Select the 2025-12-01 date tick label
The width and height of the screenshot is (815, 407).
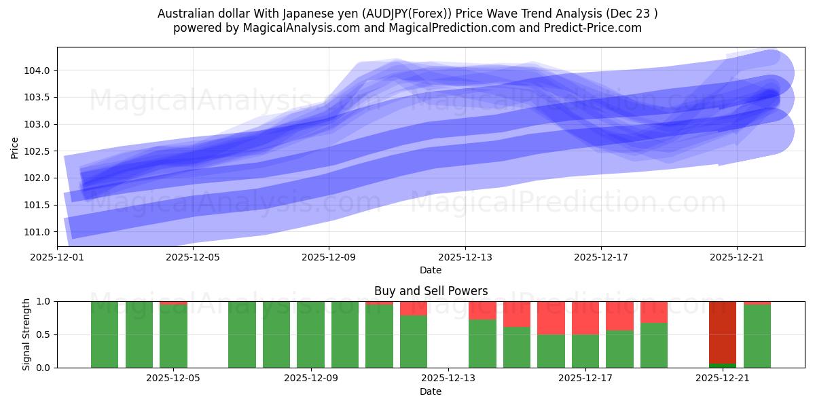(58, 257)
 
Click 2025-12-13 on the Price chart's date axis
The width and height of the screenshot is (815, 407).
(465, 257)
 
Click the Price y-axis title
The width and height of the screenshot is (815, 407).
(15, 147)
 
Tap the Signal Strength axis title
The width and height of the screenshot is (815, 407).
(27, 334)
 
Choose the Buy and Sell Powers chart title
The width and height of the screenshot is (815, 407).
(431, 291)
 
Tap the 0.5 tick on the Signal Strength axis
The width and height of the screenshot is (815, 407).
(41, 334)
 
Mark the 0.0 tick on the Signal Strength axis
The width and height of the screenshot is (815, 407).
(41, 368)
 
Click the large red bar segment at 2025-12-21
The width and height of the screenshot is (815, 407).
(723, 332)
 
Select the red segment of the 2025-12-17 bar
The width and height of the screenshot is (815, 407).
(585, 317)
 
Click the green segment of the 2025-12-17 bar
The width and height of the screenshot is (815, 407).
(585, 351)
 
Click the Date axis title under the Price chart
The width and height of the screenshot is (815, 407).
(431, 270)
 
